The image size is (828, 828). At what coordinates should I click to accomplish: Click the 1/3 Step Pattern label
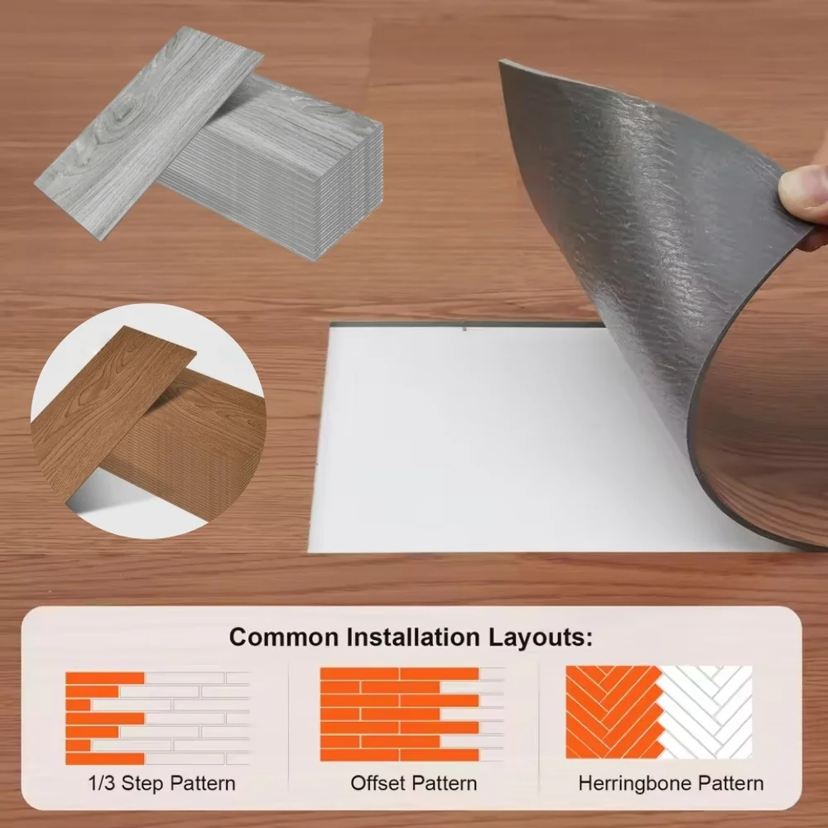point(161,782)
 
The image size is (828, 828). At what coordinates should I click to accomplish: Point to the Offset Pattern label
point(413,782)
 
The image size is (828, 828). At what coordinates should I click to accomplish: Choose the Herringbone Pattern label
point(671,783)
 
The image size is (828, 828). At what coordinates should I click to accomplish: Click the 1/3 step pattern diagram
point(157,718)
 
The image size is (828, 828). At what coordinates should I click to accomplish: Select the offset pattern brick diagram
point(412,714)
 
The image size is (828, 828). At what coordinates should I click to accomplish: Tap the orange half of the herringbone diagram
point(613,712)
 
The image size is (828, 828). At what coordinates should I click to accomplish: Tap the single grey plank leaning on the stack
point(149,132)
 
